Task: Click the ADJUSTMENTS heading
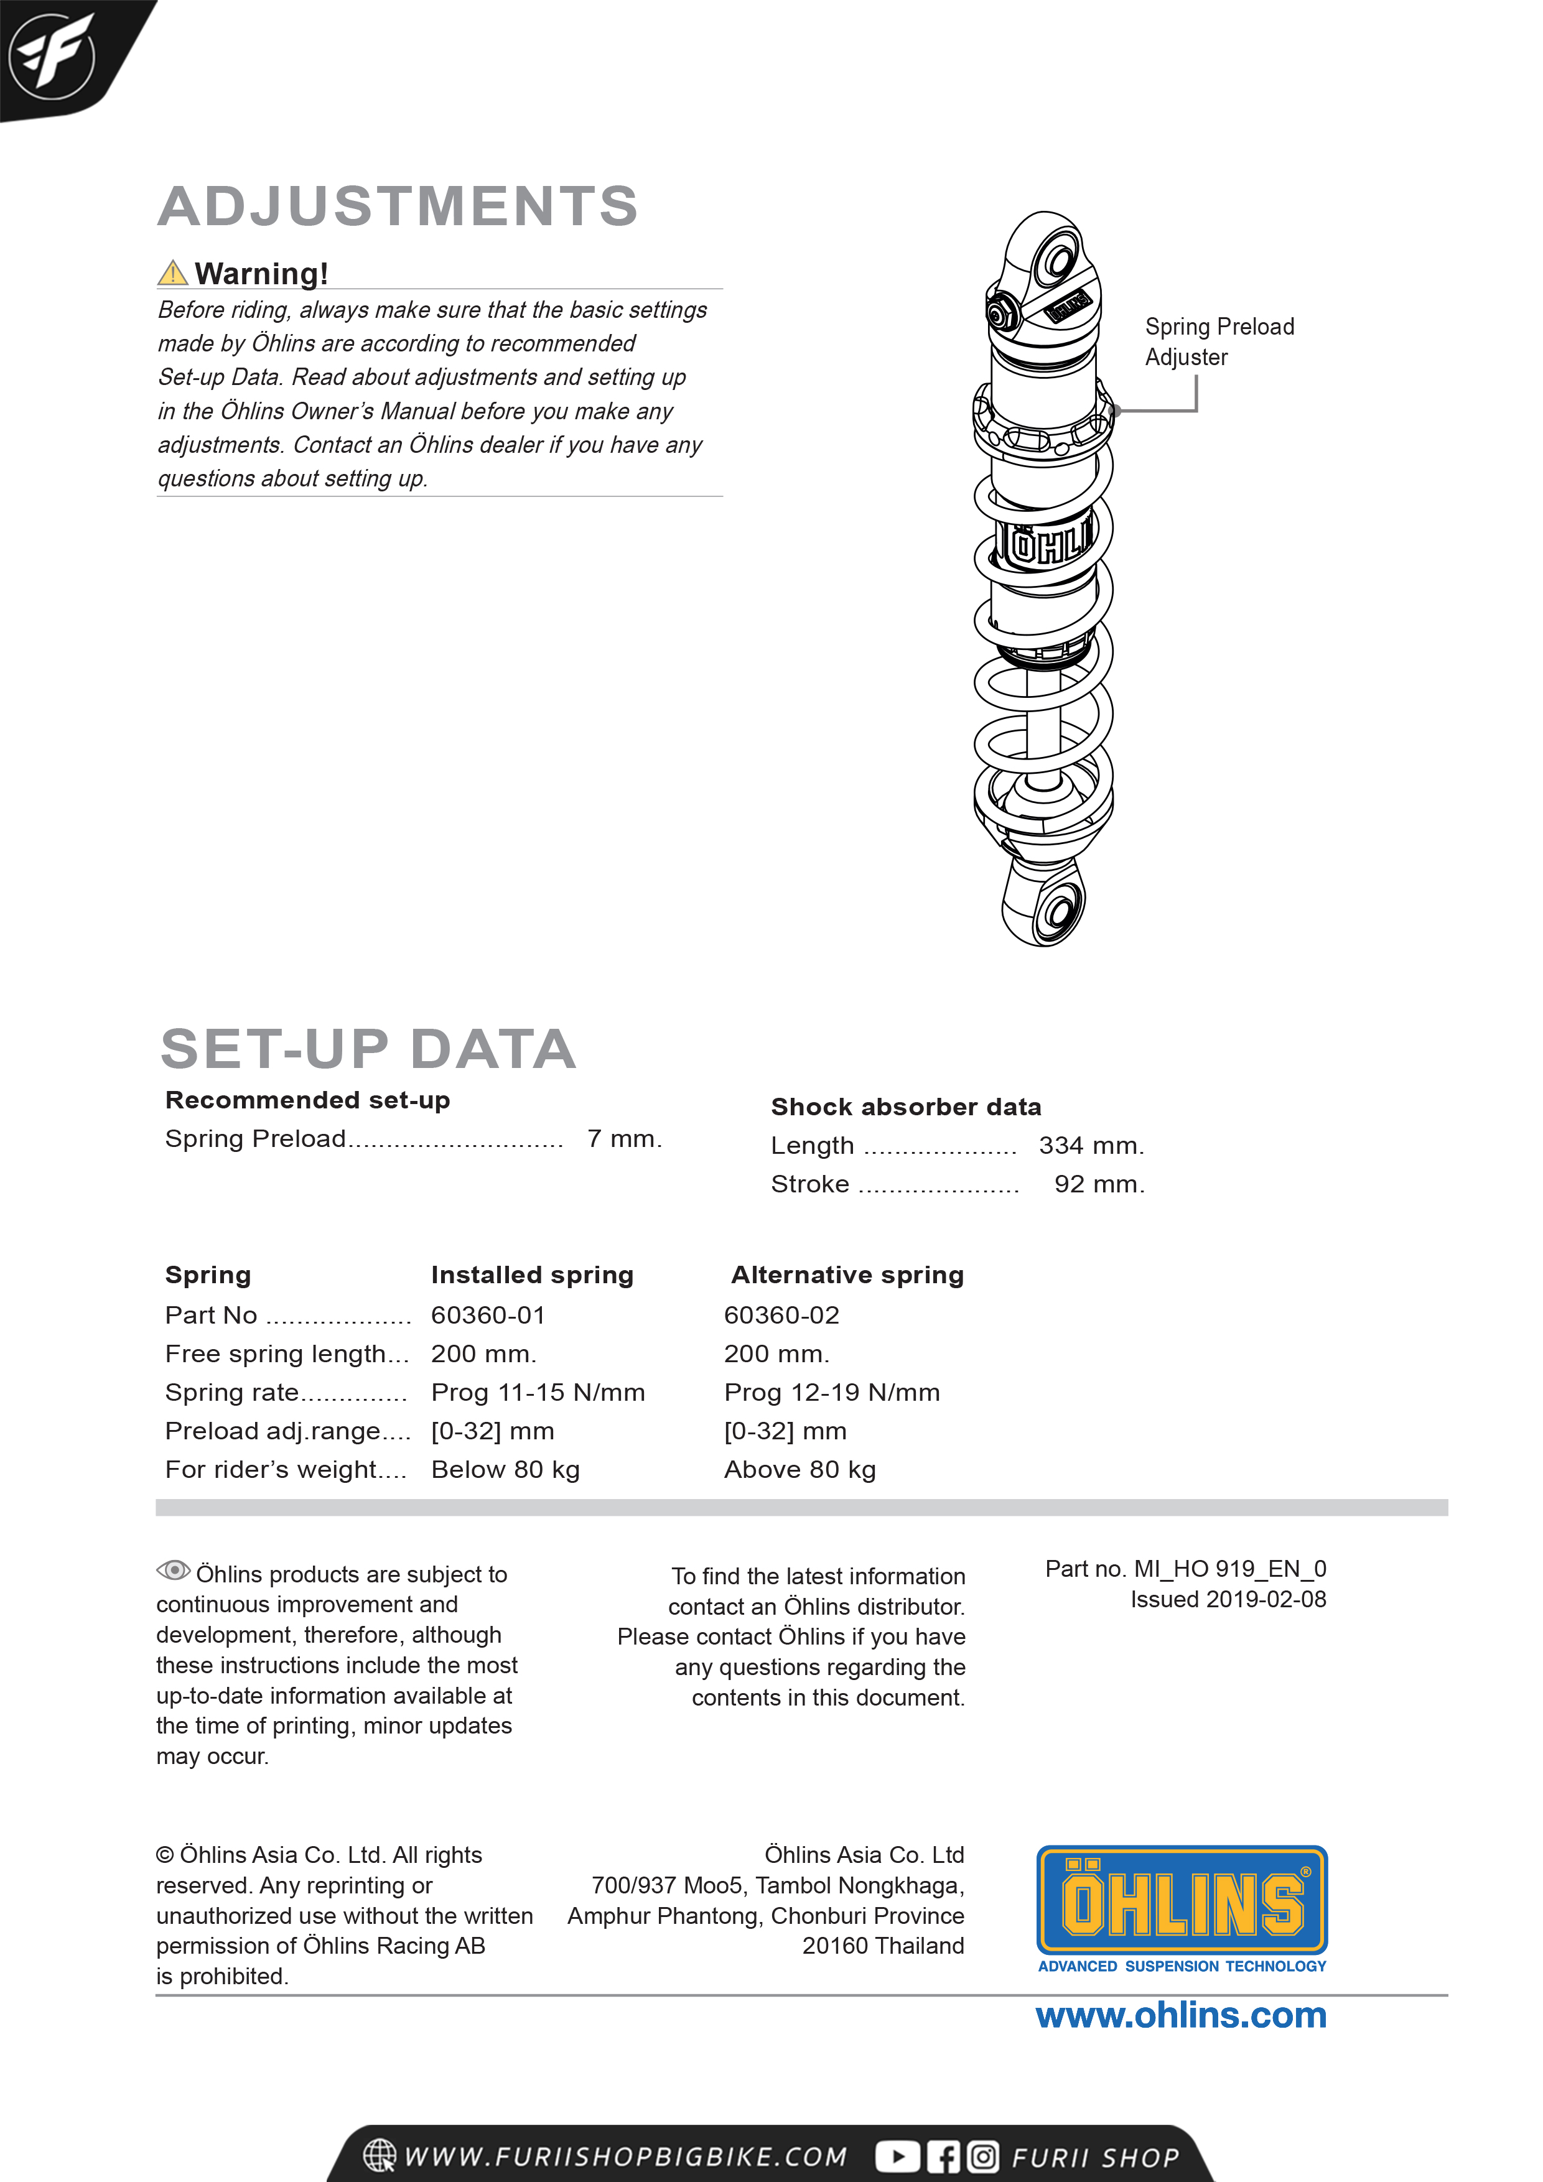tap(398, 207)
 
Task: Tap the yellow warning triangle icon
tap(172, 274)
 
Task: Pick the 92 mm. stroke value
tap(1098, 1184)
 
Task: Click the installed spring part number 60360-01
tap(488, 1316)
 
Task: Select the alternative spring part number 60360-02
tap(781, 1316)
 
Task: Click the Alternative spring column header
tap(846, 1274)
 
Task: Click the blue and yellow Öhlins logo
tap(1181, 1901)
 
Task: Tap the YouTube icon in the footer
tap(897, 2156)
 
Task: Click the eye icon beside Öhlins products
tap(173, 1571)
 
